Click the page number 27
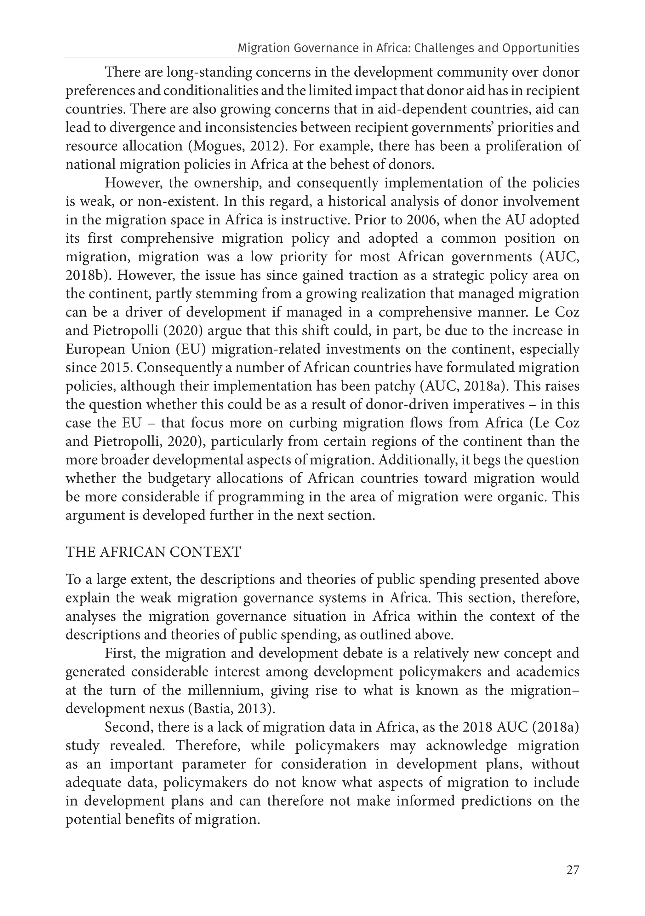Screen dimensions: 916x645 pos(572,870)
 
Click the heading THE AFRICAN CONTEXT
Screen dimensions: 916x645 pos(153,552)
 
